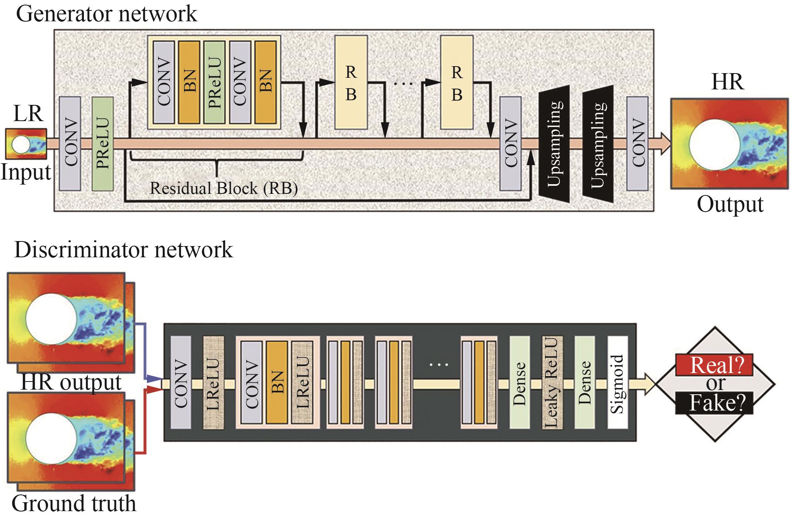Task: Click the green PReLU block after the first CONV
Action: [x=103, y=144]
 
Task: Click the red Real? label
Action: [x=714, y=365]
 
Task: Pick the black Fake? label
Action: [x=714, y=404]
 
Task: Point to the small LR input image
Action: [x=26, y=144]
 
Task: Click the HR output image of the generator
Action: [x=729, y=144]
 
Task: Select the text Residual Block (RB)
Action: [x=223, y=188]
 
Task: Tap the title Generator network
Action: [x=107, y=14]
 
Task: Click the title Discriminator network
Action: [x=123, y=250]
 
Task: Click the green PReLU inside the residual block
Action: [x=214, y=83]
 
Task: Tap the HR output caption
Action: [x=71, y=382]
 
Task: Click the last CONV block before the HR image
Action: [x=637, y=144]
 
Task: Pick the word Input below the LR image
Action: [x=26, y=173]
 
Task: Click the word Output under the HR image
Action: [x=730, y=205]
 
